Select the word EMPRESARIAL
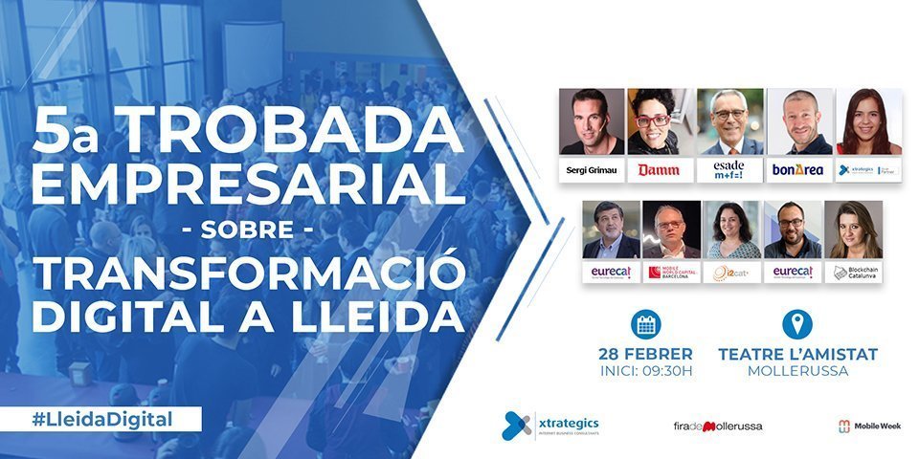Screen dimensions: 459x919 247,183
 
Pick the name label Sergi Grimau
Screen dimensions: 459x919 591,169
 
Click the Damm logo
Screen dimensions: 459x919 659,169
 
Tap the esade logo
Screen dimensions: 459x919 728,169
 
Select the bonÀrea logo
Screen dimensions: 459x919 798,169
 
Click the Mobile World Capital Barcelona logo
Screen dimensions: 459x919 672,273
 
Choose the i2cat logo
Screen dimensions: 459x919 731,273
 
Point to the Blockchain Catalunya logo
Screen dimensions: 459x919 853,273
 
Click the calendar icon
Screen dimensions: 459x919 645,324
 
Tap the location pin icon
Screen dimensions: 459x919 796,324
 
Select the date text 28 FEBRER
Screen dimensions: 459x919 645,354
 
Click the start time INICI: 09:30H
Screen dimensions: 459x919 645,371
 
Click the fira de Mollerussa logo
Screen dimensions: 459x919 718,426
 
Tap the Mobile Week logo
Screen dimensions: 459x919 868,426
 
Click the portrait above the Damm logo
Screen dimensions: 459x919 661,121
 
